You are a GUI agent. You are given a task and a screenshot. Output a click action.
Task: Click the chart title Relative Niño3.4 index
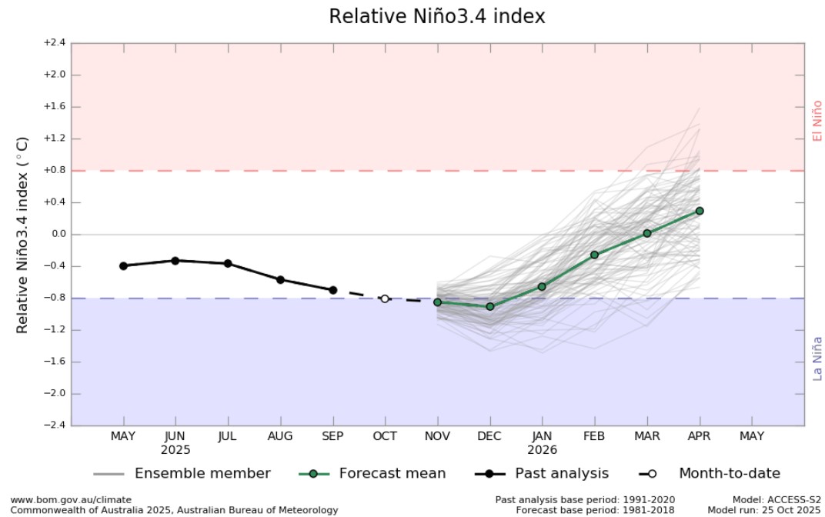(x=436, y=16)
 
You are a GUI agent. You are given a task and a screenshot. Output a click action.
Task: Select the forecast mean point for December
(x=489, y=306)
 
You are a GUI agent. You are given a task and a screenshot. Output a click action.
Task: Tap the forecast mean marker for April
(x=700, y=211)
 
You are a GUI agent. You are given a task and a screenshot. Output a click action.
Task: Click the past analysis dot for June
(x=175, y=261)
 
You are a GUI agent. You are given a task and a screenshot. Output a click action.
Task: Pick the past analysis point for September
(x=332, y=290)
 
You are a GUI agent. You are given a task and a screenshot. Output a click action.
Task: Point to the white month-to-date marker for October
(x=385, y=299)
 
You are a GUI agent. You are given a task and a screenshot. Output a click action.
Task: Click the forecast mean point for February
(x=594, y=255)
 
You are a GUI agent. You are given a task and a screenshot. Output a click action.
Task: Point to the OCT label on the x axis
(x=385, y=436)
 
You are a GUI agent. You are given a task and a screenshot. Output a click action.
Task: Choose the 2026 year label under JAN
(x=542, y=450)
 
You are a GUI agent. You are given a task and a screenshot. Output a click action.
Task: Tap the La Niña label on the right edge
(x=817, y=359)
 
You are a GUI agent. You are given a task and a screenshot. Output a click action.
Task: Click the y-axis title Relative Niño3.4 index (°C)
(x=22, y=235)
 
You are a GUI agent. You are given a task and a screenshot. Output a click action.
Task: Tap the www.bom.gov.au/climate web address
(x=71, y=499)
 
